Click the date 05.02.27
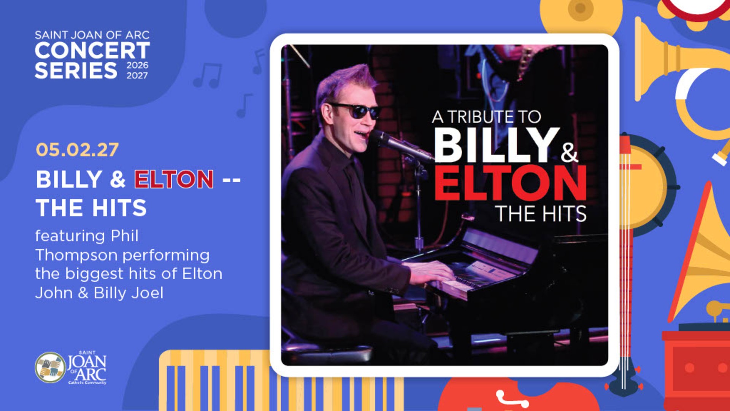[77, 150]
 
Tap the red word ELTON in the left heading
[174, 179]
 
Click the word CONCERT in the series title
[92, 50]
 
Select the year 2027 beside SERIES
[137, 75]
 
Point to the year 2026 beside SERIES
[137, 65]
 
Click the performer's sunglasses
[355, 110]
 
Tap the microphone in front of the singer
[401, 145]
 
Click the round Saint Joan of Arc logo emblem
[50, 367]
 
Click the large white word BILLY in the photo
[497, 145]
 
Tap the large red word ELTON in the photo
[511, 183]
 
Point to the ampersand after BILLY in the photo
[569, 152]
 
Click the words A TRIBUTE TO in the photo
[487, 117]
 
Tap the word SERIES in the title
[76, 71]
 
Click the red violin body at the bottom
[517, 396]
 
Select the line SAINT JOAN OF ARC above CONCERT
[92, 35]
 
